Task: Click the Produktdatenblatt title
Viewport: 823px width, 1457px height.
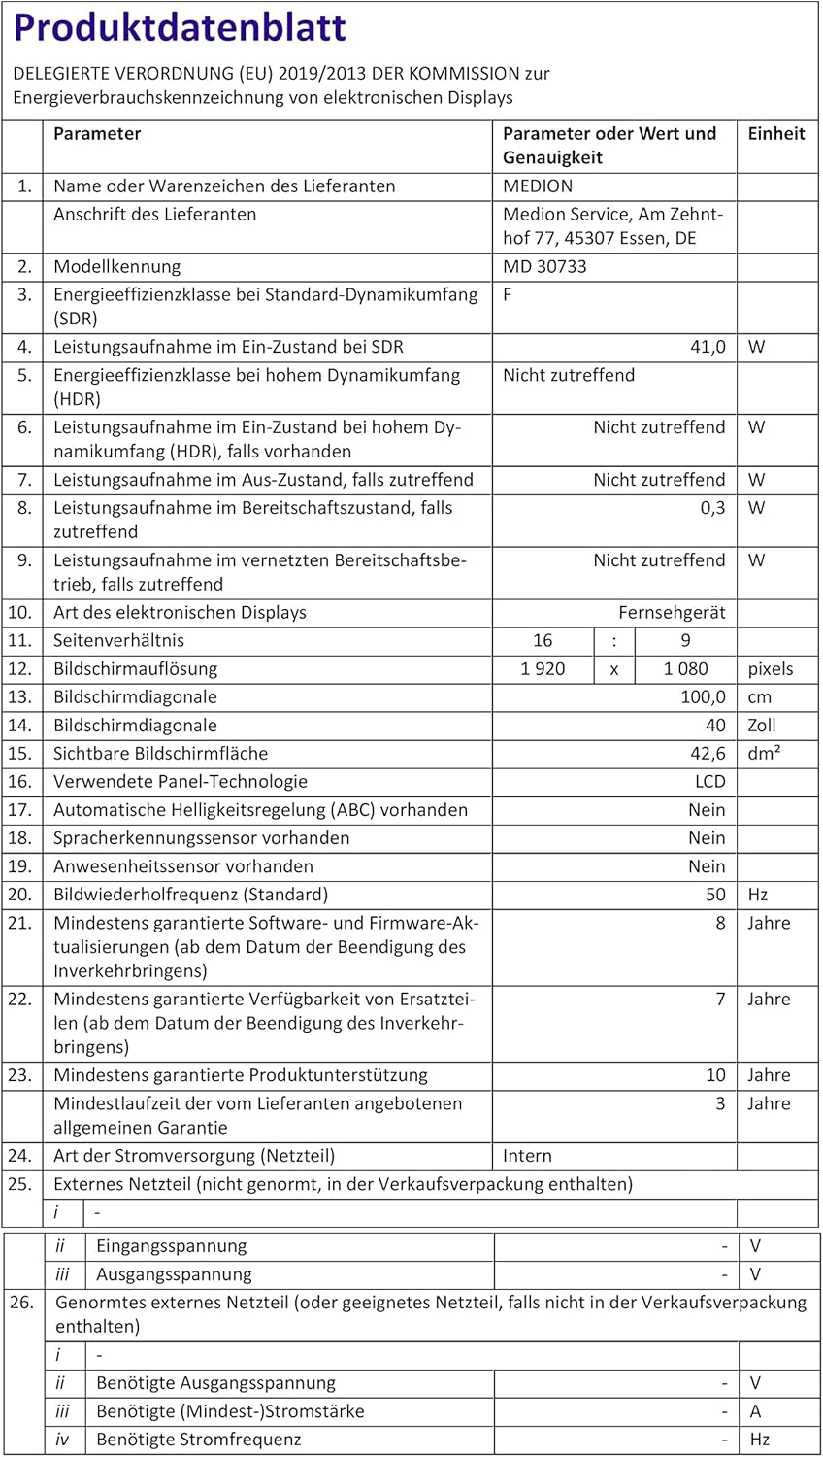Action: click(180, 27)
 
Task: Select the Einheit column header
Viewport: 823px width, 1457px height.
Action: click(775, 134)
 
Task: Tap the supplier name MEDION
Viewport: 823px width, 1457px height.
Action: click(538, 186)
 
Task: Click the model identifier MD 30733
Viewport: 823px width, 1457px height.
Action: click(544, 267)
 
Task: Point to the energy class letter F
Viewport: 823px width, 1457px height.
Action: click(508, 295)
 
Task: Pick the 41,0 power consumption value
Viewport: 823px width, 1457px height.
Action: click(708, 347)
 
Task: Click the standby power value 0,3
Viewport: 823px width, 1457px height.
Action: click(712, 508)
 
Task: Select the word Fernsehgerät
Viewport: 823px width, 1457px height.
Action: click(672, 613)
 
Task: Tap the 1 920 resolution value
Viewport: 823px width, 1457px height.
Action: click(543, 669)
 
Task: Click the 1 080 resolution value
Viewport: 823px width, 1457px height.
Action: click(685, 669)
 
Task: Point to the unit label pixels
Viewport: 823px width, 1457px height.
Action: click(770, 669)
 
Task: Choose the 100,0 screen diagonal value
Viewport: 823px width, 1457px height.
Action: click(703, 697)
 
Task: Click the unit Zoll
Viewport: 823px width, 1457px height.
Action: click(763, 726)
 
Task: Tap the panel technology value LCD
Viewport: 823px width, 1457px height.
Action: click(709, 782)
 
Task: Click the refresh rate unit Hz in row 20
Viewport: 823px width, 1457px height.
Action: click(757, 895)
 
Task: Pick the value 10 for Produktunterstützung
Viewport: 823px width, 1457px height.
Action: click(715, 1075)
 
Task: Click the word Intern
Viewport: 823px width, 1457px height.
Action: click(527, 1156)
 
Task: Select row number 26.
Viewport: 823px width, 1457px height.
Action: click(21, 1303)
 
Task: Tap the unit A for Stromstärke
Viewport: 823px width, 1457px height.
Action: click(755, 1411)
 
